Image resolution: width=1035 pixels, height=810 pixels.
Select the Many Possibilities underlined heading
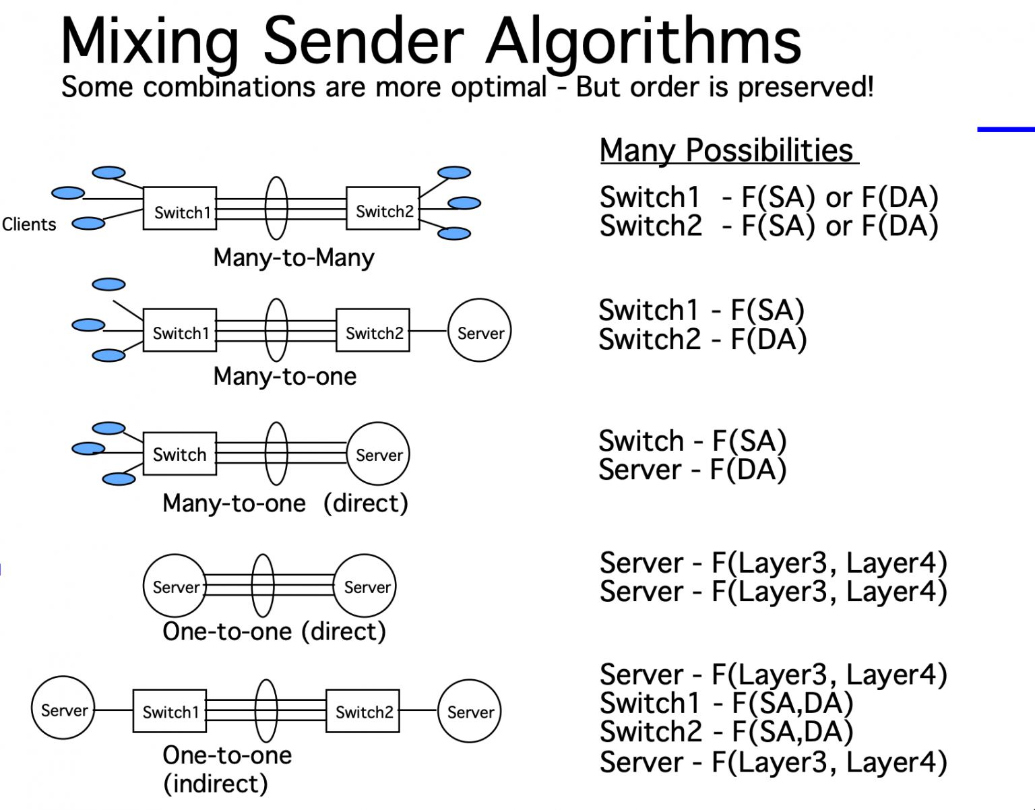[728, 150]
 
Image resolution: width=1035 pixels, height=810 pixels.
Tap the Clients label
[29, 224]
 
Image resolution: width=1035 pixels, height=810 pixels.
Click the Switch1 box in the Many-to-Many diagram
[180, 208]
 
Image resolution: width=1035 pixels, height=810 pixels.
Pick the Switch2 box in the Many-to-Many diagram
[383, 208]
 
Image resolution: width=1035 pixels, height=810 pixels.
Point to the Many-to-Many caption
[294, 257]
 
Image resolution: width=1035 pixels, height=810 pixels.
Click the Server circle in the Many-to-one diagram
[480, 331]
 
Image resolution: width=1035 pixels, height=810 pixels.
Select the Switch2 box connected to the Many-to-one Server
[373, 331]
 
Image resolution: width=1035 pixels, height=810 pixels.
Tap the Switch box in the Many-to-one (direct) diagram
[180, 454]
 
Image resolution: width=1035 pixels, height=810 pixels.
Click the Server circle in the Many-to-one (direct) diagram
[378, 454]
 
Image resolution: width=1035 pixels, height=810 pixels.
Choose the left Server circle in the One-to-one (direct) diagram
[175, 586]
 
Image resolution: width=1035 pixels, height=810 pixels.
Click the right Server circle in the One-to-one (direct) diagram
[366, 586]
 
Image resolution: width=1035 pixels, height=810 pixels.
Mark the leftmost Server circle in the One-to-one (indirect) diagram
[63, 708]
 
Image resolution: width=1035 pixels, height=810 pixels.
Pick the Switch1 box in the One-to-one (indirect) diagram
[170, 711]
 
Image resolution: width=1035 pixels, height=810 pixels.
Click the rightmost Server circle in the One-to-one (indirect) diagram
[470, 711]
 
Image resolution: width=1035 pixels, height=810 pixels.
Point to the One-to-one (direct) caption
[274, 631]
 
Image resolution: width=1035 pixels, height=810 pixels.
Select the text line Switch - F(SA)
[693, 441]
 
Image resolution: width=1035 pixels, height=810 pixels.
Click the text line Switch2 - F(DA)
[702, 339]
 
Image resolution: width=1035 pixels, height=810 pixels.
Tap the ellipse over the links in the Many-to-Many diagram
[276, 208]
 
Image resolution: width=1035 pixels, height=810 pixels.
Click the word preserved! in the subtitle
[806, 88]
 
